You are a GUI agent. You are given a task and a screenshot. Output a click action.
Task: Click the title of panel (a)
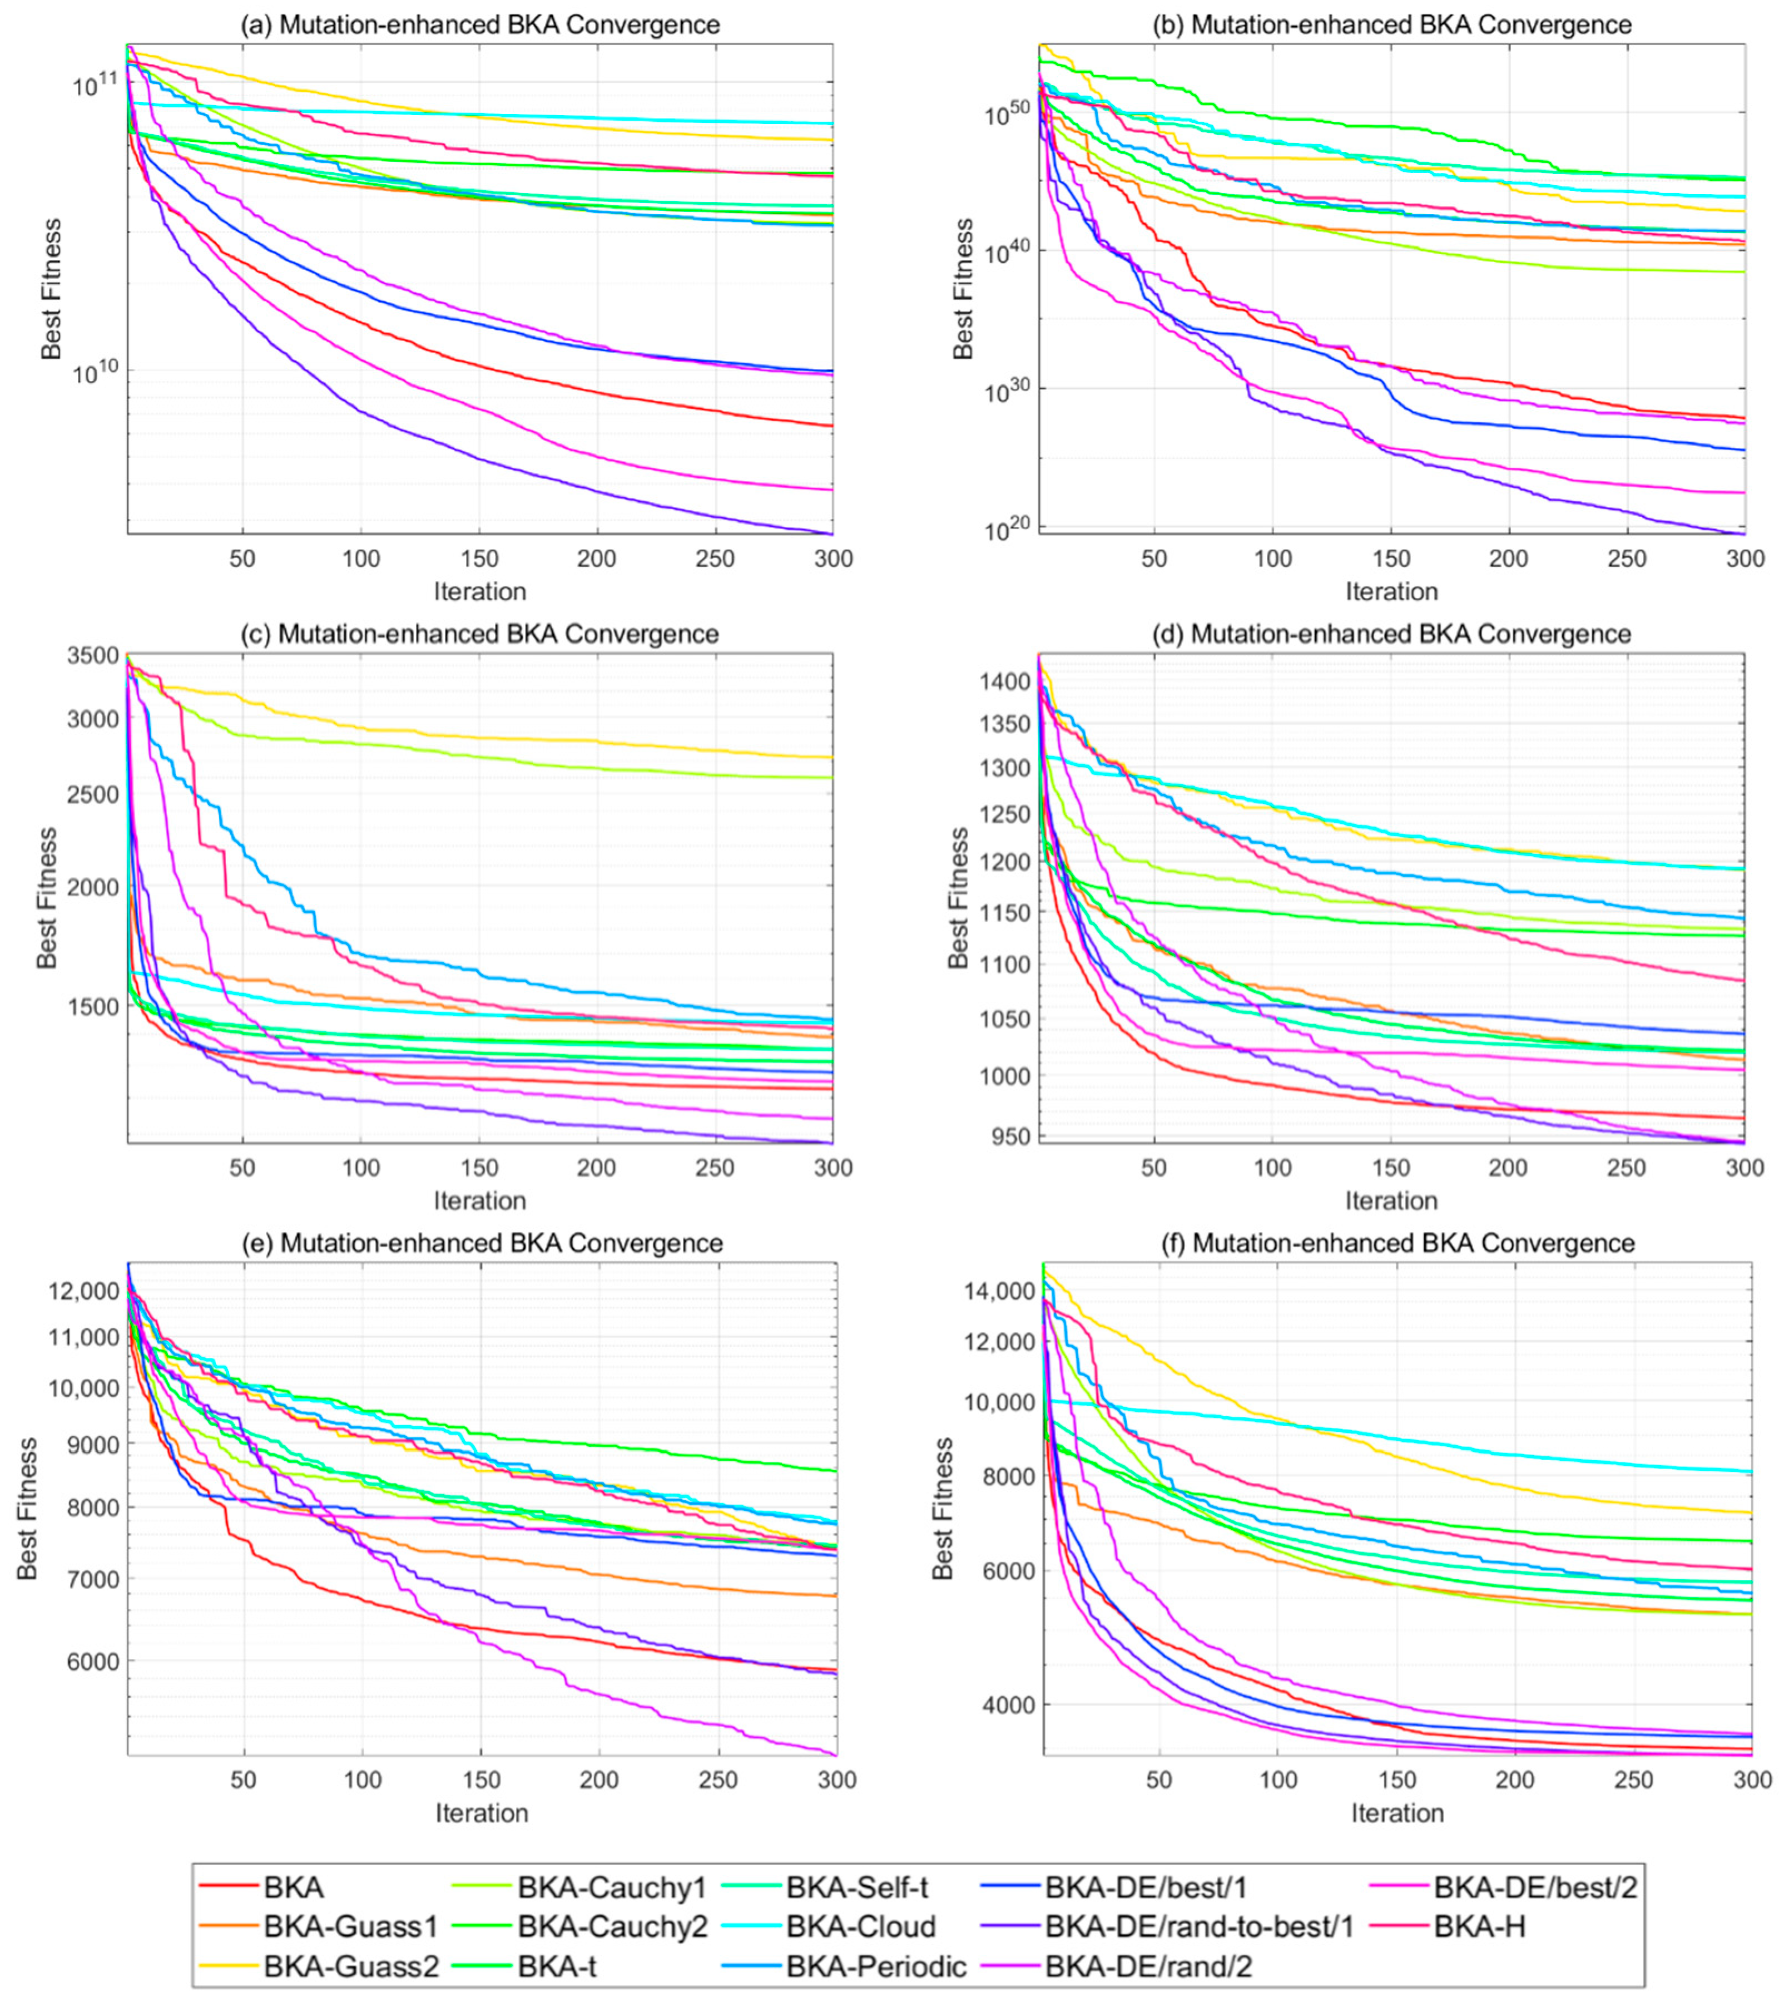(x=480, y=24)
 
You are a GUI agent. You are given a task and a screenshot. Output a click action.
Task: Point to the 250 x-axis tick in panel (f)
(x=1634, y=1779)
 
